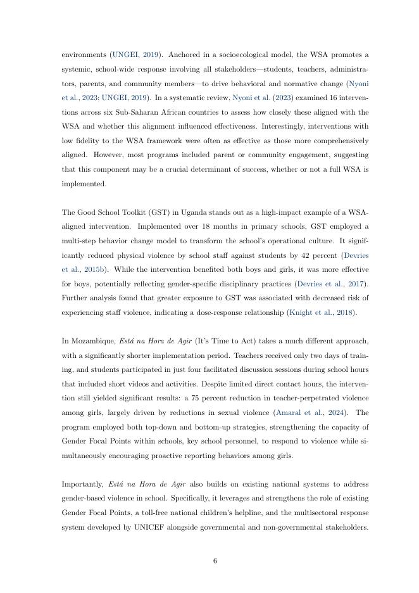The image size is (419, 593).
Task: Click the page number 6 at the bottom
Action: (215, 559)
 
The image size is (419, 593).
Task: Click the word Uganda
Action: (174, 210)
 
